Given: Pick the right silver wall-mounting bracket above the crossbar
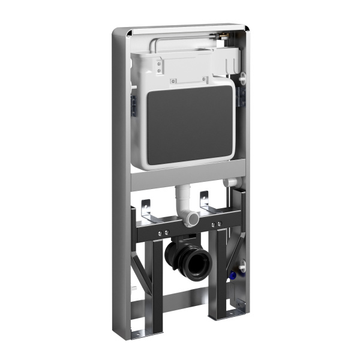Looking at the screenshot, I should [205, 202].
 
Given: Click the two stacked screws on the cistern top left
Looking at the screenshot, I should [159, 67].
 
